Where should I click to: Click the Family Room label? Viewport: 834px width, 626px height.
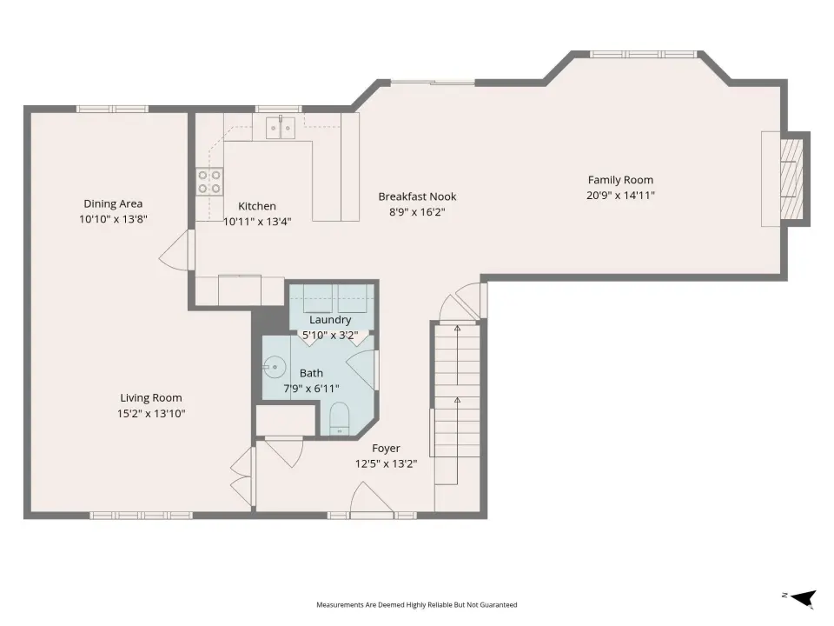click(620, 180)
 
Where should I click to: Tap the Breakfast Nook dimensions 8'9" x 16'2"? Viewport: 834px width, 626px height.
click(417, 212)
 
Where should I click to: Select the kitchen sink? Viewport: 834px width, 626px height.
click(281, 128)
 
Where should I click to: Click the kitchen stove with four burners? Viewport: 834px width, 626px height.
click(209, 182)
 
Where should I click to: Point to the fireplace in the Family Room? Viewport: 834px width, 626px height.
click(791, 179)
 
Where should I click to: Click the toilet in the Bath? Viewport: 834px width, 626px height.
click(340, 418)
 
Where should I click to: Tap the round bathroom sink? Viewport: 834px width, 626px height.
click(275, 367)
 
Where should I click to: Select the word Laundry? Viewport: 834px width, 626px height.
click(330, 319)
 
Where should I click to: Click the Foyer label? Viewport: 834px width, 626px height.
click(386, 449)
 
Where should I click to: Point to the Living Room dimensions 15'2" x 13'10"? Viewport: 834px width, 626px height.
click(151, 413)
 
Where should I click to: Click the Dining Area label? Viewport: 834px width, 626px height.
click(113, 203)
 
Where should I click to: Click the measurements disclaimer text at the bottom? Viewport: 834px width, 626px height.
click(416, 605)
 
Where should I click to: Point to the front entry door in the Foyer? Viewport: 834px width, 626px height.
click(371, 499)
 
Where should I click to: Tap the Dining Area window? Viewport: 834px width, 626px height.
click(112, 110)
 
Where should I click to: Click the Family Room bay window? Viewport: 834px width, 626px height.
click(643, 54)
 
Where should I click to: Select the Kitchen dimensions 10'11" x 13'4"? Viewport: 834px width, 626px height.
click(257, 222)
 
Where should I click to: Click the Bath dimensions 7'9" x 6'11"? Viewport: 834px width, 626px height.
click(311, 389)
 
